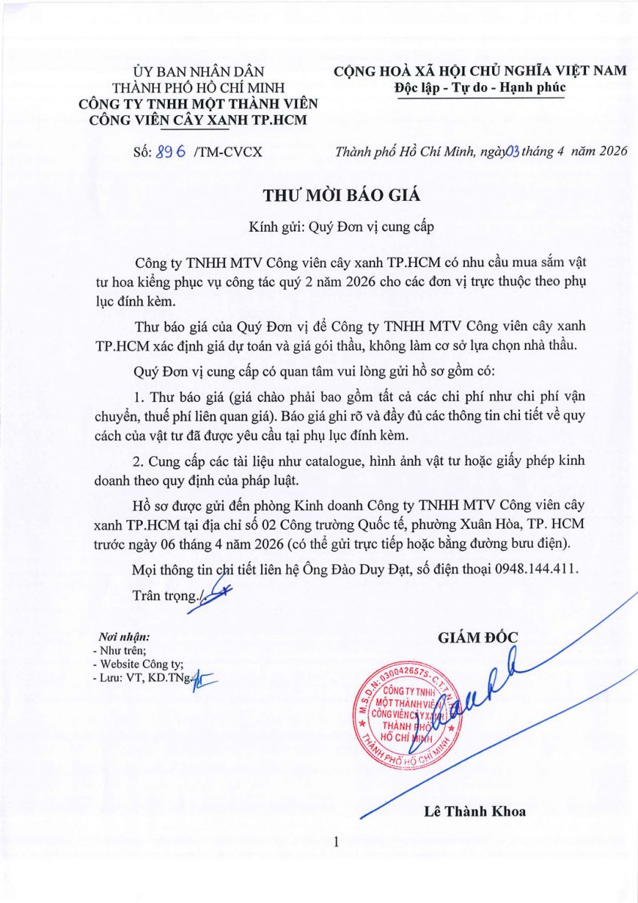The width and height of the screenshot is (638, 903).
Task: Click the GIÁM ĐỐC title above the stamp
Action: (478, 638)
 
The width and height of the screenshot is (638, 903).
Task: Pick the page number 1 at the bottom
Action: (336, 843)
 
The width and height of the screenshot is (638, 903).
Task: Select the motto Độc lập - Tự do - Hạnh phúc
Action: (480, 88)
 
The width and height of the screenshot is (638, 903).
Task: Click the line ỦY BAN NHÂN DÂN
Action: (199, 72)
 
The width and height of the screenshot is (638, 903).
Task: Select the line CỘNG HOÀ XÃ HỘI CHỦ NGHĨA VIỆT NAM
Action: (480, 71)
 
